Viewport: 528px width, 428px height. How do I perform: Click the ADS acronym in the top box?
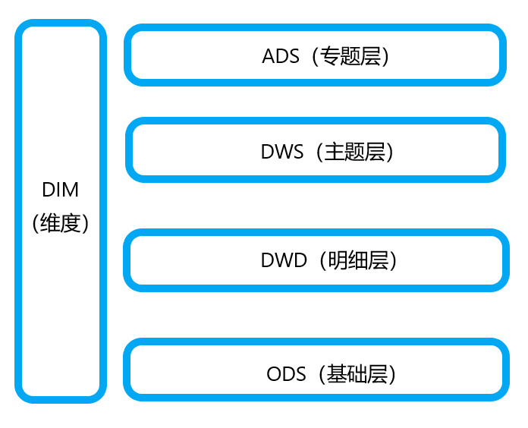(281, 57)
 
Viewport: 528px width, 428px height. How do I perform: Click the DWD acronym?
(283, 261)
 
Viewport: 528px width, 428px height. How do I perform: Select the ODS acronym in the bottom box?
(286, 374)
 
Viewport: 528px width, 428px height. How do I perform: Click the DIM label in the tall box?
(61, 190)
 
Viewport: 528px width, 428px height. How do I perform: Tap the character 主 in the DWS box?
(335, 152)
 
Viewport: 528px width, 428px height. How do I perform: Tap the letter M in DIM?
(71, 190)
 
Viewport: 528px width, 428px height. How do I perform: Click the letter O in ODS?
(274, 374)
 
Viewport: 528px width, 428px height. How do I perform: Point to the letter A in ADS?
(269, 57)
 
